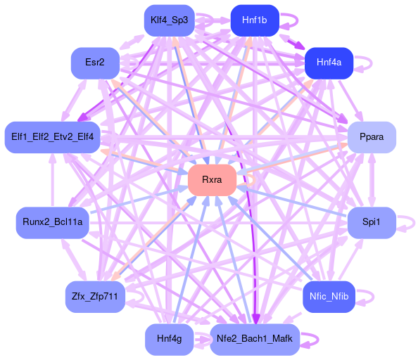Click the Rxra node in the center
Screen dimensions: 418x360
pos(213,180)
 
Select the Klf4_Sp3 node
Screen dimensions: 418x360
pos(170,20)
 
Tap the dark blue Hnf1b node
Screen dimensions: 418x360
pos(255,20)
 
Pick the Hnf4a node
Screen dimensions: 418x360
pos(329,63)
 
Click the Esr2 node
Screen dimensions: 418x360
pos(95,63)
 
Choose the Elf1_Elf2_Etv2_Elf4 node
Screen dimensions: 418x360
pos(53,137)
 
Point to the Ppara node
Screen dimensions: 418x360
pos(372,137)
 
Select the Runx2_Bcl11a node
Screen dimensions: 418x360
pos(53,223)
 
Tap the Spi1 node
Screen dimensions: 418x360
pos(372,223)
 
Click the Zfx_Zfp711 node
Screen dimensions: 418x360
pos(95,297)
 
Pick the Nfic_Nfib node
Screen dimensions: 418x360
pos(329,297)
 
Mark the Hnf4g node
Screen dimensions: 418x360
pos(170,340)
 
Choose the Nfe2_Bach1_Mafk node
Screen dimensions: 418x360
pos(255,340)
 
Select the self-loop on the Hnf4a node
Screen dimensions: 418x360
pos(372,63)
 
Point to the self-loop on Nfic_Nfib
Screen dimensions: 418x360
pos(374,297)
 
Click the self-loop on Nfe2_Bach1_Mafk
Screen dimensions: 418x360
pos(318,340)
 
